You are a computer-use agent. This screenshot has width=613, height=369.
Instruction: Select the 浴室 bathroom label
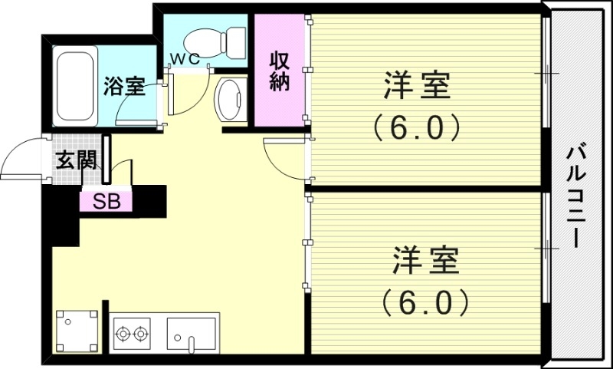pyautogui.click(x=125, y=86)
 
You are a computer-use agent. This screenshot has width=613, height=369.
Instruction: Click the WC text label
pyautogui.click(x=184, y=58)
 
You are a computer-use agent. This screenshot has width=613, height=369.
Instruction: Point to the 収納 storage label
pyautogui.click(x=279, y=71)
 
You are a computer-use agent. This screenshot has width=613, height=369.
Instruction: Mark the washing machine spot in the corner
pyautogui.click(x=77, y=331)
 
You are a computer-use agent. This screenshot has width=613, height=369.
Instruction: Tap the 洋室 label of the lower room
pyautogui.click(x=425, y=261)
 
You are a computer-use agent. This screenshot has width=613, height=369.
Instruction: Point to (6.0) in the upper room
pyautogui.click(x=417, y=126)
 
